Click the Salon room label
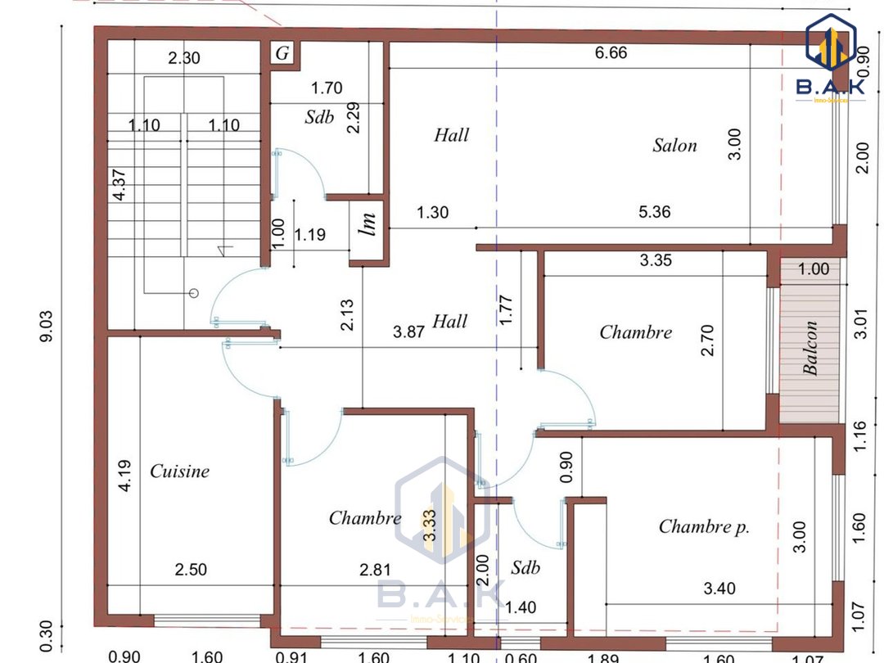pyautogui.click(x=674, y=146)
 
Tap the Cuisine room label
pyautogui.click(x=179, y=471)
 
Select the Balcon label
pyautogui.click(x=810, y=348)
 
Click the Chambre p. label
pyautogui.click(x=704, y=526)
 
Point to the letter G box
pyautogui.click(x=282, y=53)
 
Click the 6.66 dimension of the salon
pyautogui.click(x=611, y=52)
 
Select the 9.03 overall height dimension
pyautogui.click(x=46, y=326)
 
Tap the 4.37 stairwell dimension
pyautogui.click(x=120, y=184)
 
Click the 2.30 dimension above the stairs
pyautogui.click(x=184, y=57)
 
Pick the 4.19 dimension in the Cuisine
pyautogui.click(x=124, y=476)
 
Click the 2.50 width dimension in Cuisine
pyautogui.click(x=191, y=570)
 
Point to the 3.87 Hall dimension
pyautogui.click(x=408, y=331)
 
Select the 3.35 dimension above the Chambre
pyautogui.click(x=656, y=260)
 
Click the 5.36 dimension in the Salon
pyautogui.click(x=655, y=212)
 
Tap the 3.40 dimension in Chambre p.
pyautogui.click(x=719, y=589)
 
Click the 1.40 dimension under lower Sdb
pyautogui.click(x=521, y=607)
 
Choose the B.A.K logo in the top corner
pyautogui.click(x=831, y=59)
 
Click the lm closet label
pyautogui.click(x=368, y=223)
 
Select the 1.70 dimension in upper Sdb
pyautogui.click(x=327, y=88)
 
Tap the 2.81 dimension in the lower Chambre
pyautogui.click(x=376, y=570)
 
